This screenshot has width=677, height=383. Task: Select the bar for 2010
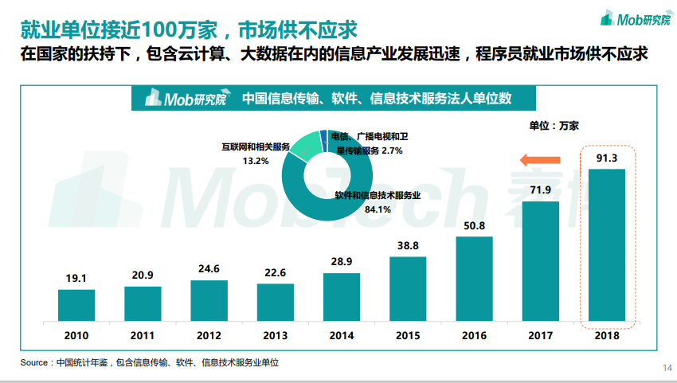click(76, 305)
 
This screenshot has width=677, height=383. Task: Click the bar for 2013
click(275, 303)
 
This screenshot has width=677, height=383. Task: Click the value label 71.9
click(541, 190)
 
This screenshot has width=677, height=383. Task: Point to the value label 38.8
click(408, 246)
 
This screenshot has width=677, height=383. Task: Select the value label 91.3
click(607, 158)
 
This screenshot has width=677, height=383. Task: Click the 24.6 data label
click(209, 269)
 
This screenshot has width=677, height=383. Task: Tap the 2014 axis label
click(342, 335)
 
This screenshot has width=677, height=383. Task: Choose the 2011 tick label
click(143, 335)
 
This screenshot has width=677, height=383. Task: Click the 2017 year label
click(541, 335)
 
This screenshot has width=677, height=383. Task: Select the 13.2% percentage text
click(256, 161)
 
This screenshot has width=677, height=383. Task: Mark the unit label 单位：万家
click(554, 125)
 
